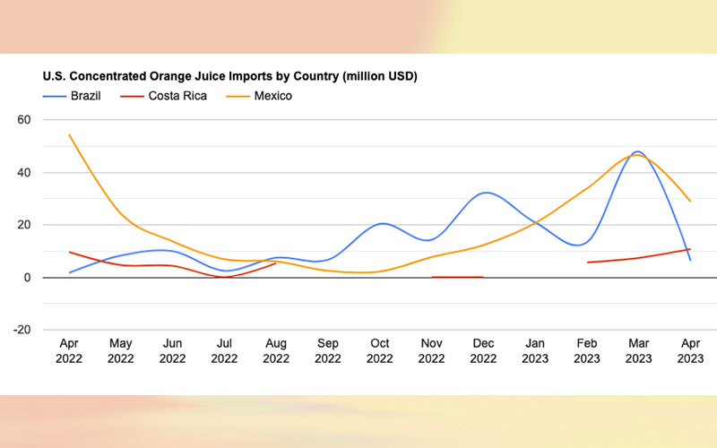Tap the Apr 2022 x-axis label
pos(70,350)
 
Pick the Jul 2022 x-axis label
pos(223,350)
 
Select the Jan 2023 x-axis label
pos(536,350)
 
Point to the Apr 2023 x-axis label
pos(690,350)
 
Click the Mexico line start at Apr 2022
pos(70,135)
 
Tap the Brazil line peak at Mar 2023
pos(638,151)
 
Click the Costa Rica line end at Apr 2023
pos(689,249)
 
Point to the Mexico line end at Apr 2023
pos(689,201)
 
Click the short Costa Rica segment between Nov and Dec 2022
pos(458,277)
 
